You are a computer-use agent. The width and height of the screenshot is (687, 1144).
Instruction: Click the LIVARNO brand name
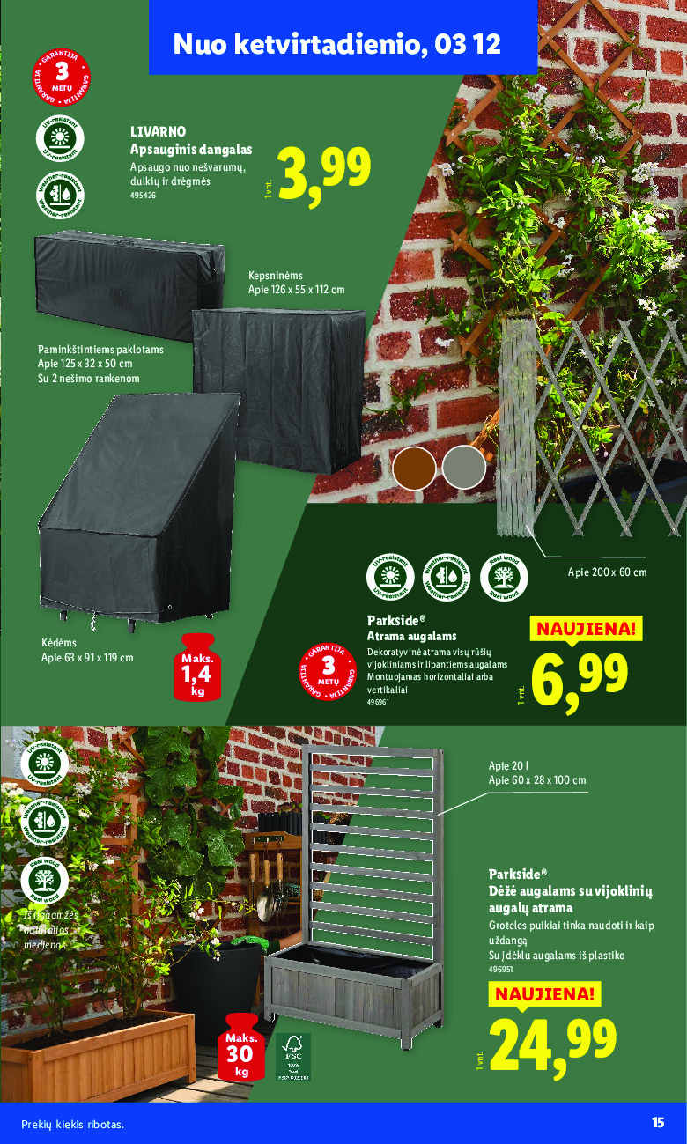[x=158, y=131]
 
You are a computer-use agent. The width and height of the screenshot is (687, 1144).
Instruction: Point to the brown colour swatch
[x=414, y=468]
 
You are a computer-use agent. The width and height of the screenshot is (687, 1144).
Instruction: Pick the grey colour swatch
[x=463, y=468]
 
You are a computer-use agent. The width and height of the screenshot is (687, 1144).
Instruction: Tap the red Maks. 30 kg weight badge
[x=241, y=1046]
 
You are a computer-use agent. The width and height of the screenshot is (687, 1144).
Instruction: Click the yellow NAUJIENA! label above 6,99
[x=585, y=629]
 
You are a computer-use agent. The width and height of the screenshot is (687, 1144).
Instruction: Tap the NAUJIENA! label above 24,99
[x=543, y=994]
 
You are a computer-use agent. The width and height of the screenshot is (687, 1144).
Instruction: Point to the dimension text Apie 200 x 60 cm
[x=607, y=572]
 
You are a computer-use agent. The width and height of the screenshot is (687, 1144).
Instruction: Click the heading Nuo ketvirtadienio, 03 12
[x=337, y=44]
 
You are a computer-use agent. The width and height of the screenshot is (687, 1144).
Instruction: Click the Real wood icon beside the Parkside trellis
[x=505, y=579]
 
